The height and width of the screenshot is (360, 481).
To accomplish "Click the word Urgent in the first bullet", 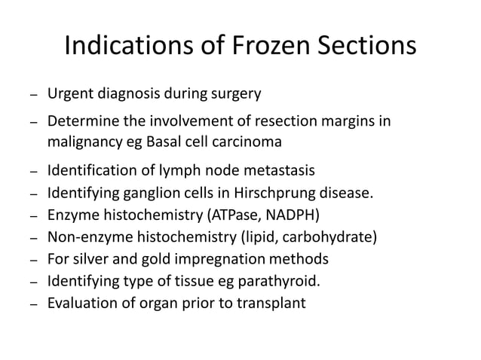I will [69, 95].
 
